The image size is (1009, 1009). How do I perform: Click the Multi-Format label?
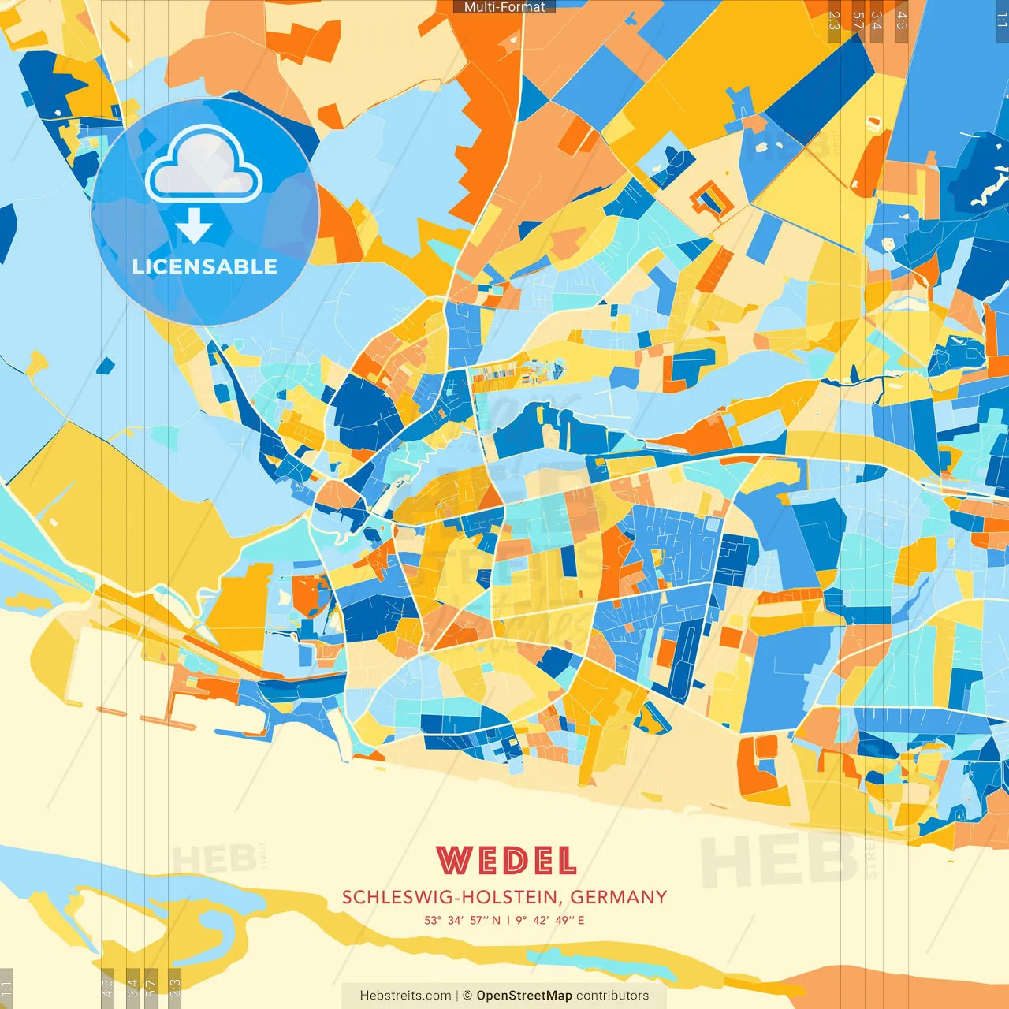coord(504,7)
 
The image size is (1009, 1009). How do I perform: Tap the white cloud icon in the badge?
coord(204,165)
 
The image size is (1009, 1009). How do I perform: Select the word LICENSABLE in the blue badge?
coord(204,266)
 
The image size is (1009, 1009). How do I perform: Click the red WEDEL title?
coord(506,861)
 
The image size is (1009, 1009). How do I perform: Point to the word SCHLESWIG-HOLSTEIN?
coord(452,897)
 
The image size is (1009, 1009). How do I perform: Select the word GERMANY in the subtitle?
coord(619,897)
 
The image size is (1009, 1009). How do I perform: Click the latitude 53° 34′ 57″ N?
coord(462,920)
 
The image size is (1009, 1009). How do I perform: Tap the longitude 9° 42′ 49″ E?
coord(550,920)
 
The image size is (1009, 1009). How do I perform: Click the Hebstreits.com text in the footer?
coord(405,996)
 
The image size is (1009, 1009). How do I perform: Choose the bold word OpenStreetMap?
coord(523,996)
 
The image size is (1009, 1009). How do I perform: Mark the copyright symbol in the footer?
coord(467,996)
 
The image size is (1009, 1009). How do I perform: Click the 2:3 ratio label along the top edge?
coord(834,20)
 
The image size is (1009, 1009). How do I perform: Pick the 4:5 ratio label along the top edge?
coord(902,20)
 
